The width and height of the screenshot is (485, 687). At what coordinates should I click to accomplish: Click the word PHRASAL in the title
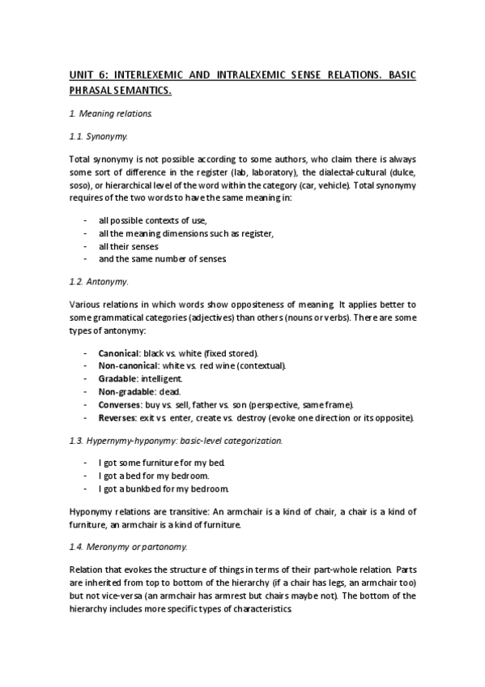pos(91,92)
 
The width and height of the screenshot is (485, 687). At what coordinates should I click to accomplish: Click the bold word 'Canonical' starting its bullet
pos(118,353)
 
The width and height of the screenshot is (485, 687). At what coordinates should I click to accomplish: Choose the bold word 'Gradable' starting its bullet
pos(117,378)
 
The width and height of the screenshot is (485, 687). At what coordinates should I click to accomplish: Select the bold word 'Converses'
pos(118,404)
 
